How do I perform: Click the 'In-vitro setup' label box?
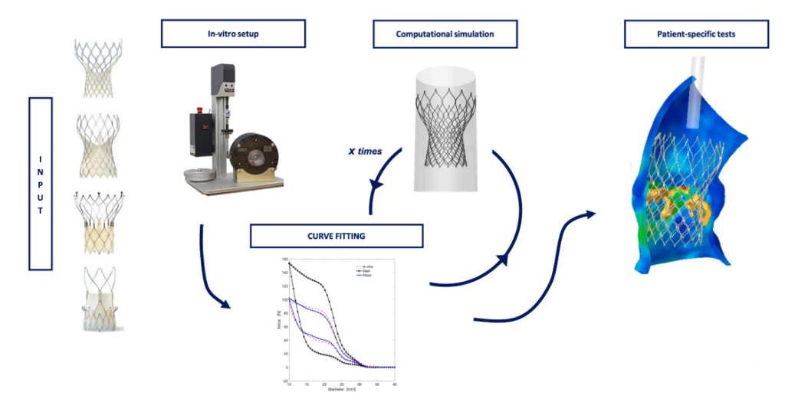(233, 34)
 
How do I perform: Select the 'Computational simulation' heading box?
(445, 34)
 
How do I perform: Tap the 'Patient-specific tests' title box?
(696, 34)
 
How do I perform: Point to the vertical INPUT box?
(40, 183)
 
